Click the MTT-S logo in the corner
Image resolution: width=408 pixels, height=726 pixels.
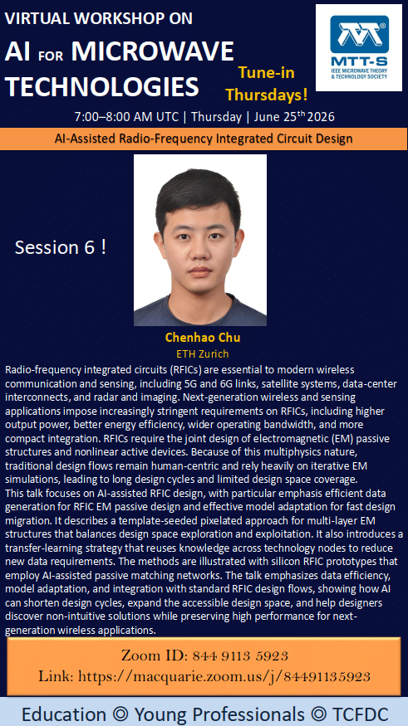(358, 47)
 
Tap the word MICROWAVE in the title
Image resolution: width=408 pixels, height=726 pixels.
(152, 51)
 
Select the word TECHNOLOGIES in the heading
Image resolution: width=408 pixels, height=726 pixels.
(102, 86)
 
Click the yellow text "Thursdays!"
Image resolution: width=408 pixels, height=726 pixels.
(267, 95)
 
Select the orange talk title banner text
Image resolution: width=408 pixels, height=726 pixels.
(204, 139)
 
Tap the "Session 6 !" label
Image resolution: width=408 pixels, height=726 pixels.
(61, 247)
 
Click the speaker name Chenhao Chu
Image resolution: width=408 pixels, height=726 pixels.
(203, 338)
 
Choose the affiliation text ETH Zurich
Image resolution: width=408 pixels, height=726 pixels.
(203, 353)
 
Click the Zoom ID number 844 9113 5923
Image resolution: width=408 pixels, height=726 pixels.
(240, 655)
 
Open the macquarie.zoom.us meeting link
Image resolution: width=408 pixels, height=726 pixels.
(224, 676)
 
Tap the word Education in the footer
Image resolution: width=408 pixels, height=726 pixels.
(63, 714)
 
